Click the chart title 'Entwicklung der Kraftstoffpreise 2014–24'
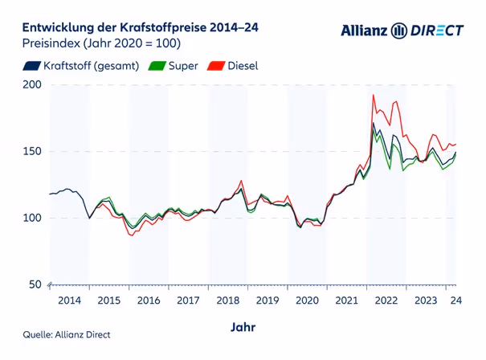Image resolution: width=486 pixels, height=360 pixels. [x=134, y=28]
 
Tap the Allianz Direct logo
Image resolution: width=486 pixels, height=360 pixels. [x=402, y=31]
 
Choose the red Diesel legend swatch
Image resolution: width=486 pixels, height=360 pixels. [x=217, y=66]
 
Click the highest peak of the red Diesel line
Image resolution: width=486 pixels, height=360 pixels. [x=374, y=95]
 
